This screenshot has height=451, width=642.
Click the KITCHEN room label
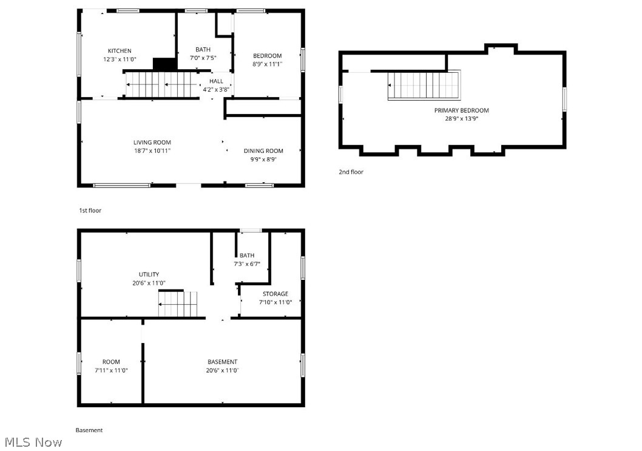coord(120,51)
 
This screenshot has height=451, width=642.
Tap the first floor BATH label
coord(203,50)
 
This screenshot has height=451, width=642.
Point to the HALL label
coord(216,81)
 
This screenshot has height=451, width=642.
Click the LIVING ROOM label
coord(152,143)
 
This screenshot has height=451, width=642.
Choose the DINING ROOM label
coord(263,151)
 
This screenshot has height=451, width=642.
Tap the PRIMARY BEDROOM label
coord(461,110)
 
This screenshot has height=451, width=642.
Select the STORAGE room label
coord(275,294)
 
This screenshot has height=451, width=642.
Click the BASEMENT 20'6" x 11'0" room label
coord(222,362)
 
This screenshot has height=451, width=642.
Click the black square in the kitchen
coord(164,64)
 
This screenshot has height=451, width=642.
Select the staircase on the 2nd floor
coord(424,85)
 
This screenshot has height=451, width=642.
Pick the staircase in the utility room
coord(178,303)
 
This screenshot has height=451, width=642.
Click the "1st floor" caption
coord(90,211)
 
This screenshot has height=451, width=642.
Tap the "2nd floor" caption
coord(351,172)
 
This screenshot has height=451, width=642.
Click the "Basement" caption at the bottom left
coord(89,430)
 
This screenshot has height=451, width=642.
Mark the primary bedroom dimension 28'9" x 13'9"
coord(461,119)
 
